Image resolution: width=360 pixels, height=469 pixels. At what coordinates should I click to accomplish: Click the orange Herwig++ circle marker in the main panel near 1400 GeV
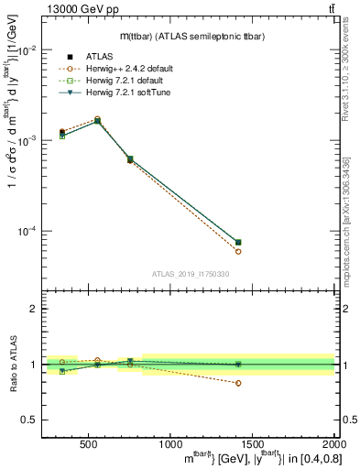tap(239, 251)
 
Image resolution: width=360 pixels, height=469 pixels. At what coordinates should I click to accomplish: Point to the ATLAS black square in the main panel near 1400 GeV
tap(239, 242)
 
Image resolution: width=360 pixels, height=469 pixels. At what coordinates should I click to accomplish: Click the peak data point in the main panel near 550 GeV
tap(98, 120)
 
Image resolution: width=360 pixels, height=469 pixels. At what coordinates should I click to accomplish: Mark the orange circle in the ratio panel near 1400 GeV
tap(239, 383)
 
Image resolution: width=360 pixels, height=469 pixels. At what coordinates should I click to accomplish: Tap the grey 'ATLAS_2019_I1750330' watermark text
tap(190, 274)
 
